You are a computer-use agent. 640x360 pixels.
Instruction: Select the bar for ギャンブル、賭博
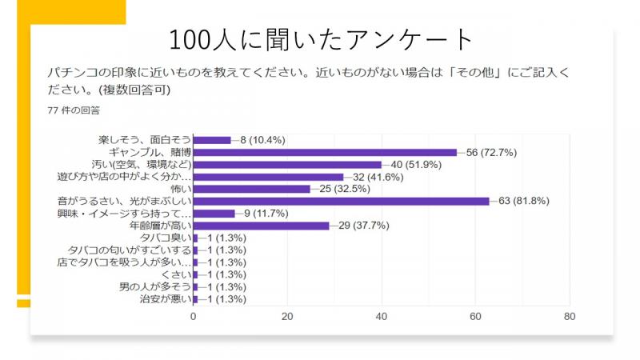coord(325,152)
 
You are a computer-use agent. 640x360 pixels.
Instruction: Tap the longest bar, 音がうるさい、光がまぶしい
coord(341,201)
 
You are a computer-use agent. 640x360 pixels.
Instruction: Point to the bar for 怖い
coord(251,189)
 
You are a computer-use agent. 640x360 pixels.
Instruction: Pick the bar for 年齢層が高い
coord(261,226)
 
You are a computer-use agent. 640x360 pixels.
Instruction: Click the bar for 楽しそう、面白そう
coord(212,139)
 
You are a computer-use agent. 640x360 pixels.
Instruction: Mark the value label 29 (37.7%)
coord(365,226)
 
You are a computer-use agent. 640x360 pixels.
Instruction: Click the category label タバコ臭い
coord(165,238)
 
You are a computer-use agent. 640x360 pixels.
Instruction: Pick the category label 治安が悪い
coord(165,299)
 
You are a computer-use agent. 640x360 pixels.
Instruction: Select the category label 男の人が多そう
coord(155,287)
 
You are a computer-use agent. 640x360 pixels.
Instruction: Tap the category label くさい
coord(176,274)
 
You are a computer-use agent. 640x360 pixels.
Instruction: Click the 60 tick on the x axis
coord(476,317)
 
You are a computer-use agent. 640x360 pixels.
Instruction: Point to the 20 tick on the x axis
coord(288,317)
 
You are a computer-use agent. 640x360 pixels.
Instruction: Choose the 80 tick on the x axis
coord(570,317)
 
